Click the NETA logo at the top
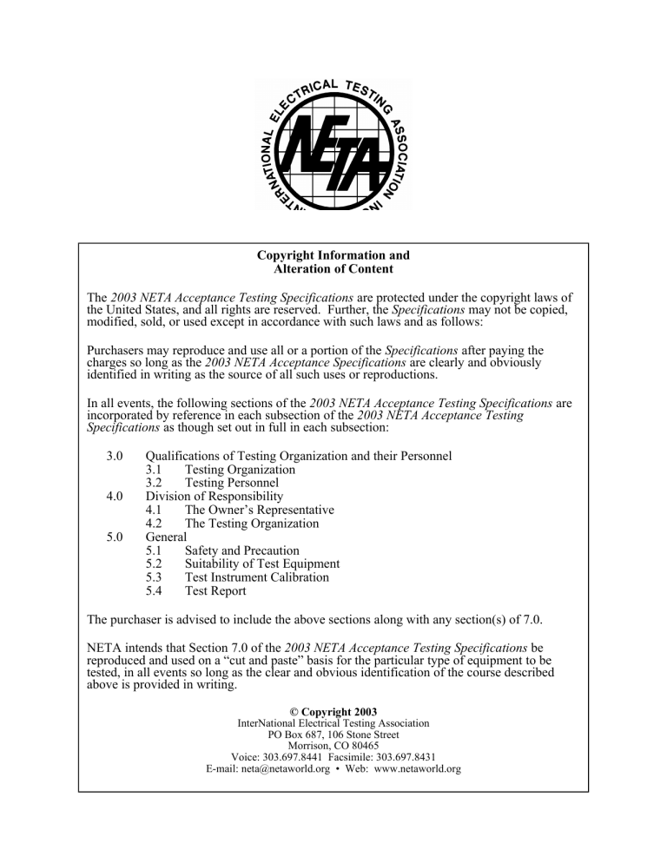point(333,146)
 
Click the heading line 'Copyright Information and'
point(333,256)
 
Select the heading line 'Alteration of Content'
point(333,270)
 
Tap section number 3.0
point(114,456)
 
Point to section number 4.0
point(114,497)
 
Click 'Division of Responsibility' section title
point(220,497)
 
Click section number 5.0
point(114,537)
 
